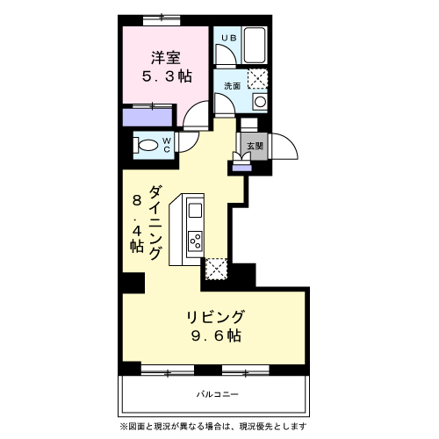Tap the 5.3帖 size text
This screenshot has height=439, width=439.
point(167,76)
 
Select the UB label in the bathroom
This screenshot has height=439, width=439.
point(227,38)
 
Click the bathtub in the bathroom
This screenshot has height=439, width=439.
point(255,45)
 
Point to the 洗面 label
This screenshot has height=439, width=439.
point(232,86)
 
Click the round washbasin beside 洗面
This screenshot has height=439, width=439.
point(260,103)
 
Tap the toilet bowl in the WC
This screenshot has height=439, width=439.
point(148,143)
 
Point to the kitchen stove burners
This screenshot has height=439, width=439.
point(195,238)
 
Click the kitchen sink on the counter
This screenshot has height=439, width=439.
point(195,210)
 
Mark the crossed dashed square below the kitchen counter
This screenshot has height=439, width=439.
point(216,269)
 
